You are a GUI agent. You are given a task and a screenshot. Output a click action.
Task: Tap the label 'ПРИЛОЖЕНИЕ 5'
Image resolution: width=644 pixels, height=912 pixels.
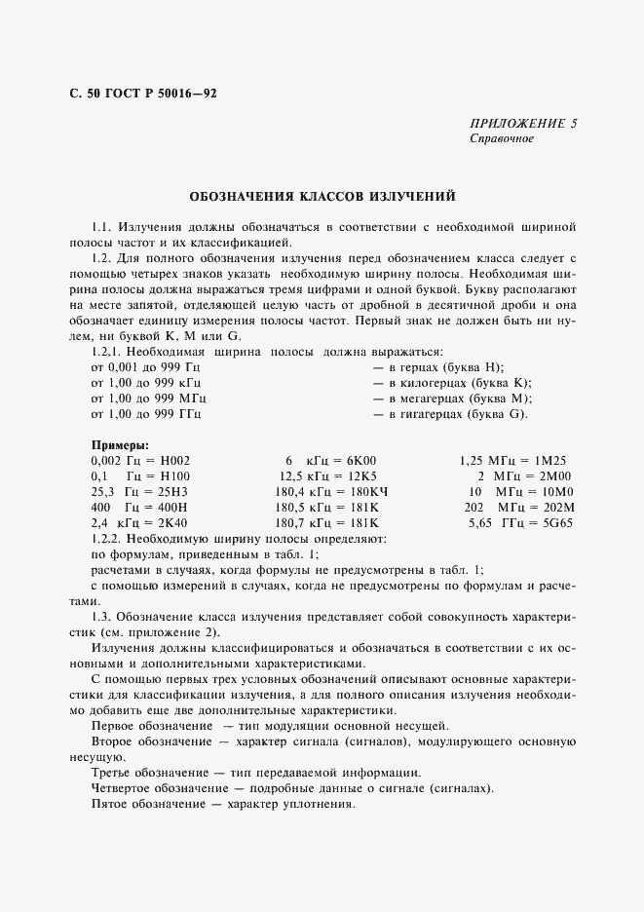[x=523, y=124]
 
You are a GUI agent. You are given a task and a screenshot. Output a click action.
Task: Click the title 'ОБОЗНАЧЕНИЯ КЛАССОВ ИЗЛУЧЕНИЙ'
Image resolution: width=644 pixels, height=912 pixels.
[x=322, y=195]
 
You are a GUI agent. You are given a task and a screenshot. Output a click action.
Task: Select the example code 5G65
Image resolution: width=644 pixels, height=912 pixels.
[x=552, y=523]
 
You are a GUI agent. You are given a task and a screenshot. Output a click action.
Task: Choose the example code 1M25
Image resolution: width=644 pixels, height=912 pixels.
[x=552, y=460]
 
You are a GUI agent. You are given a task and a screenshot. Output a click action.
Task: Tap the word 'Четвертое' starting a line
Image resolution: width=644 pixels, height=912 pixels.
[x=125, y=788]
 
